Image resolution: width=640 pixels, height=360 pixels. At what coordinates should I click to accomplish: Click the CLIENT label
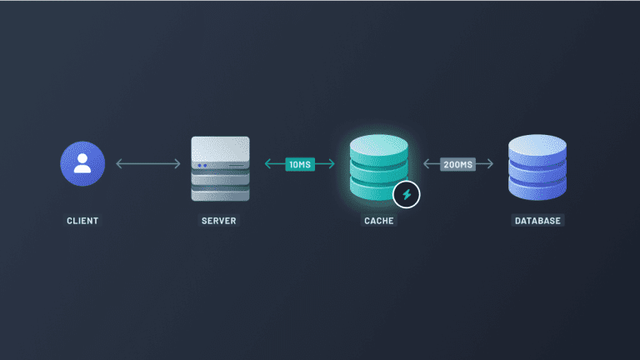click(82, 221)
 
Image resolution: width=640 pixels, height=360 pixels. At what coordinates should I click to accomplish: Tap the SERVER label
click(219, 221)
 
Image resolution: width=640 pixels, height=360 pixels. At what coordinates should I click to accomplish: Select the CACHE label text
click(378, 221)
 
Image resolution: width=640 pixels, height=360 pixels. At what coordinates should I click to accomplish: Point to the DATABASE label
click(537, 221)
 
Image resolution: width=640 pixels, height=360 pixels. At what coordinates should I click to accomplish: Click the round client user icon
click(82, 163)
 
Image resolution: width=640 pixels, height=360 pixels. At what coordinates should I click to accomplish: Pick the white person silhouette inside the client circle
click(82, 162)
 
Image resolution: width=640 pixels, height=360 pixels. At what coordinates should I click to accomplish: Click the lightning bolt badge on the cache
click(407, 195)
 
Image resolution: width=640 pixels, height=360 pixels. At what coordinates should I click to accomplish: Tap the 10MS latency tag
click(299, 164)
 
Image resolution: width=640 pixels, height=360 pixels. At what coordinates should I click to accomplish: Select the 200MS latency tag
click(457, 164)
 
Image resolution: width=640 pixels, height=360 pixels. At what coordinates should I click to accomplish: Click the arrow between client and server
click(147, 164)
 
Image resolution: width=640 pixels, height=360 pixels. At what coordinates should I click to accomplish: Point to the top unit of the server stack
click(220, 152)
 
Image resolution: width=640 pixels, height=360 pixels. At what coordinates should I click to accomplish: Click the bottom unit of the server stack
click(220, 193)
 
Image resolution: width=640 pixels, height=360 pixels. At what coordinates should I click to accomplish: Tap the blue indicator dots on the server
click(202, 164)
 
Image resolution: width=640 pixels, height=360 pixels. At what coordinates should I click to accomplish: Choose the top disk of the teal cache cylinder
click(378, 147)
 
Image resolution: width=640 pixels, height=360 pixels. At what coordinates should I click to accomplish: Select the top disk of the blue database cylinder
click(537, 147)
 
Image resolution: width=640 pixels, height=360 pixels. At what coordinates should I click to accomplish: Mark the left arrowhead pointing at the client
click(118, 164)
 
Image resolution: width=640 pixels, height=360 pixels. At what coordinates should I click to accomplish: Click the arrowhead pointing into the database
click(491, 164)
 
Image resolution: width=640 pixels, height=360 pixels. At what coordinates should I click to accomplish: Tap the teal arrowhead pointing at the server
click(267, 164)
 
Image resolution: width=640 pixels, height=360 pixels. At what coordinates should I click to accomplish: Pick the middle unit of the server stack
click(220, 177)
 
